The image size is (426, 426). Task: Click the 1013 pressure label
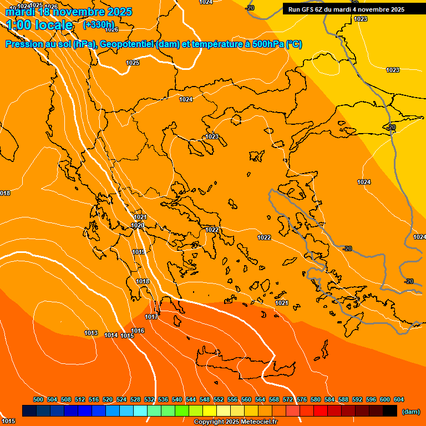(x=91, y=333)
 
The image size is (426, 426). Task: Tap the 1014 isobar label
(x=111, y=335)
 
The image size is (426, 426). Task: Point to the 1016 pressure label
(x=138, y=331)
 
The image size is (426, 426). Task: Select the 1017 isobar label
(x=151, y=317)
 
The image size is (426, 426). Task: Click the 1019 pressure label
(x=139, y=252)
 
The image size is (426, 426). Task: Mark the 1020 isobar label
(x=138, y=225)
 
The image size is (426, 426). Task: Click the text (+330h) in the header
(x=99, y=25)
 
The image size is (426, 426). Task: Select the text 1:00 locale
(x=39, y=25)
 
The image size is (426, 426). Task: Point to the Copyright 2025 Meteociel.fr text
(x=235, y=422)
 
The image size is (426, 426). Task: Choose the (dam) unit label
(x=410, y=411)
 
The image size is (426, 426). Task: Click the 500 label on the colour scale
(x=38, y=399)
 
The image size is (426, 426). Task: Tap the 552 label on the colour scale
(x=219, y=399)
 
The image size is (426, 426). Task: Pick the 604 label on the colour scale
(x=399, y=399)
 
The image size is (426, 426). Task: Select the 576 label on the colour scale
(x=302, y=399)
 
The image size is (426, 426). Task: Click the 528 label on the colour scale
(x=135, y=399)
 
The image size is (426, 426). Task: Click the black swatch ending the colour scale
(x=390, y=410)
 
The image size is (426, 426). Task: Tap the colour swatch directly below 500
(x=29, y=410)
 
